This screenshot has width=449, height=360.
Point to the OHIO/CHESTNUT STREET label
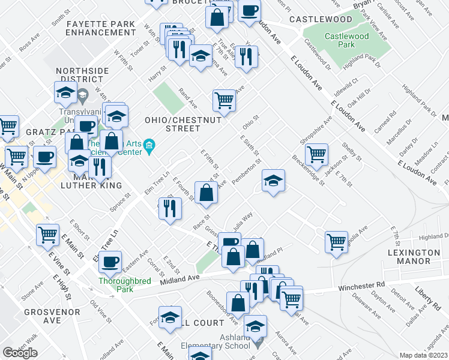(x=183, y=124)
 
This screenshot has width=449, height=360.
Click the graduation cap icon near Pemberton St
(x=273, y=181)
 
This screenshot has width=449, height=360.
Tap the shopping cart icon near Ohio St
(x=224, y=100)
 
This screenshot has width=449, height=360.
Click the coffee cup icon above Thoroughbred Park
(x=110, y=261)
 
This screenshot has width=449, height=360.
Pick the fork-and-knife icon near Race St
(x=170, y=208)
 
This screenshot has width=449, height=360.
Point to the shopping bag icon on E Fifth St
(x=206, y=192)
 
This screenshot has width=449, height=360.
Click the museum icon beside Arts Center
(x=149, y=146)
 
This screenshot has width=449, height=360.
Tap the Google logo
(x=20, y=352)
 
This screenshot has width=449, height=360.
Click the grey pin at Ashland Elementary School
(x=258, y=345)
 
